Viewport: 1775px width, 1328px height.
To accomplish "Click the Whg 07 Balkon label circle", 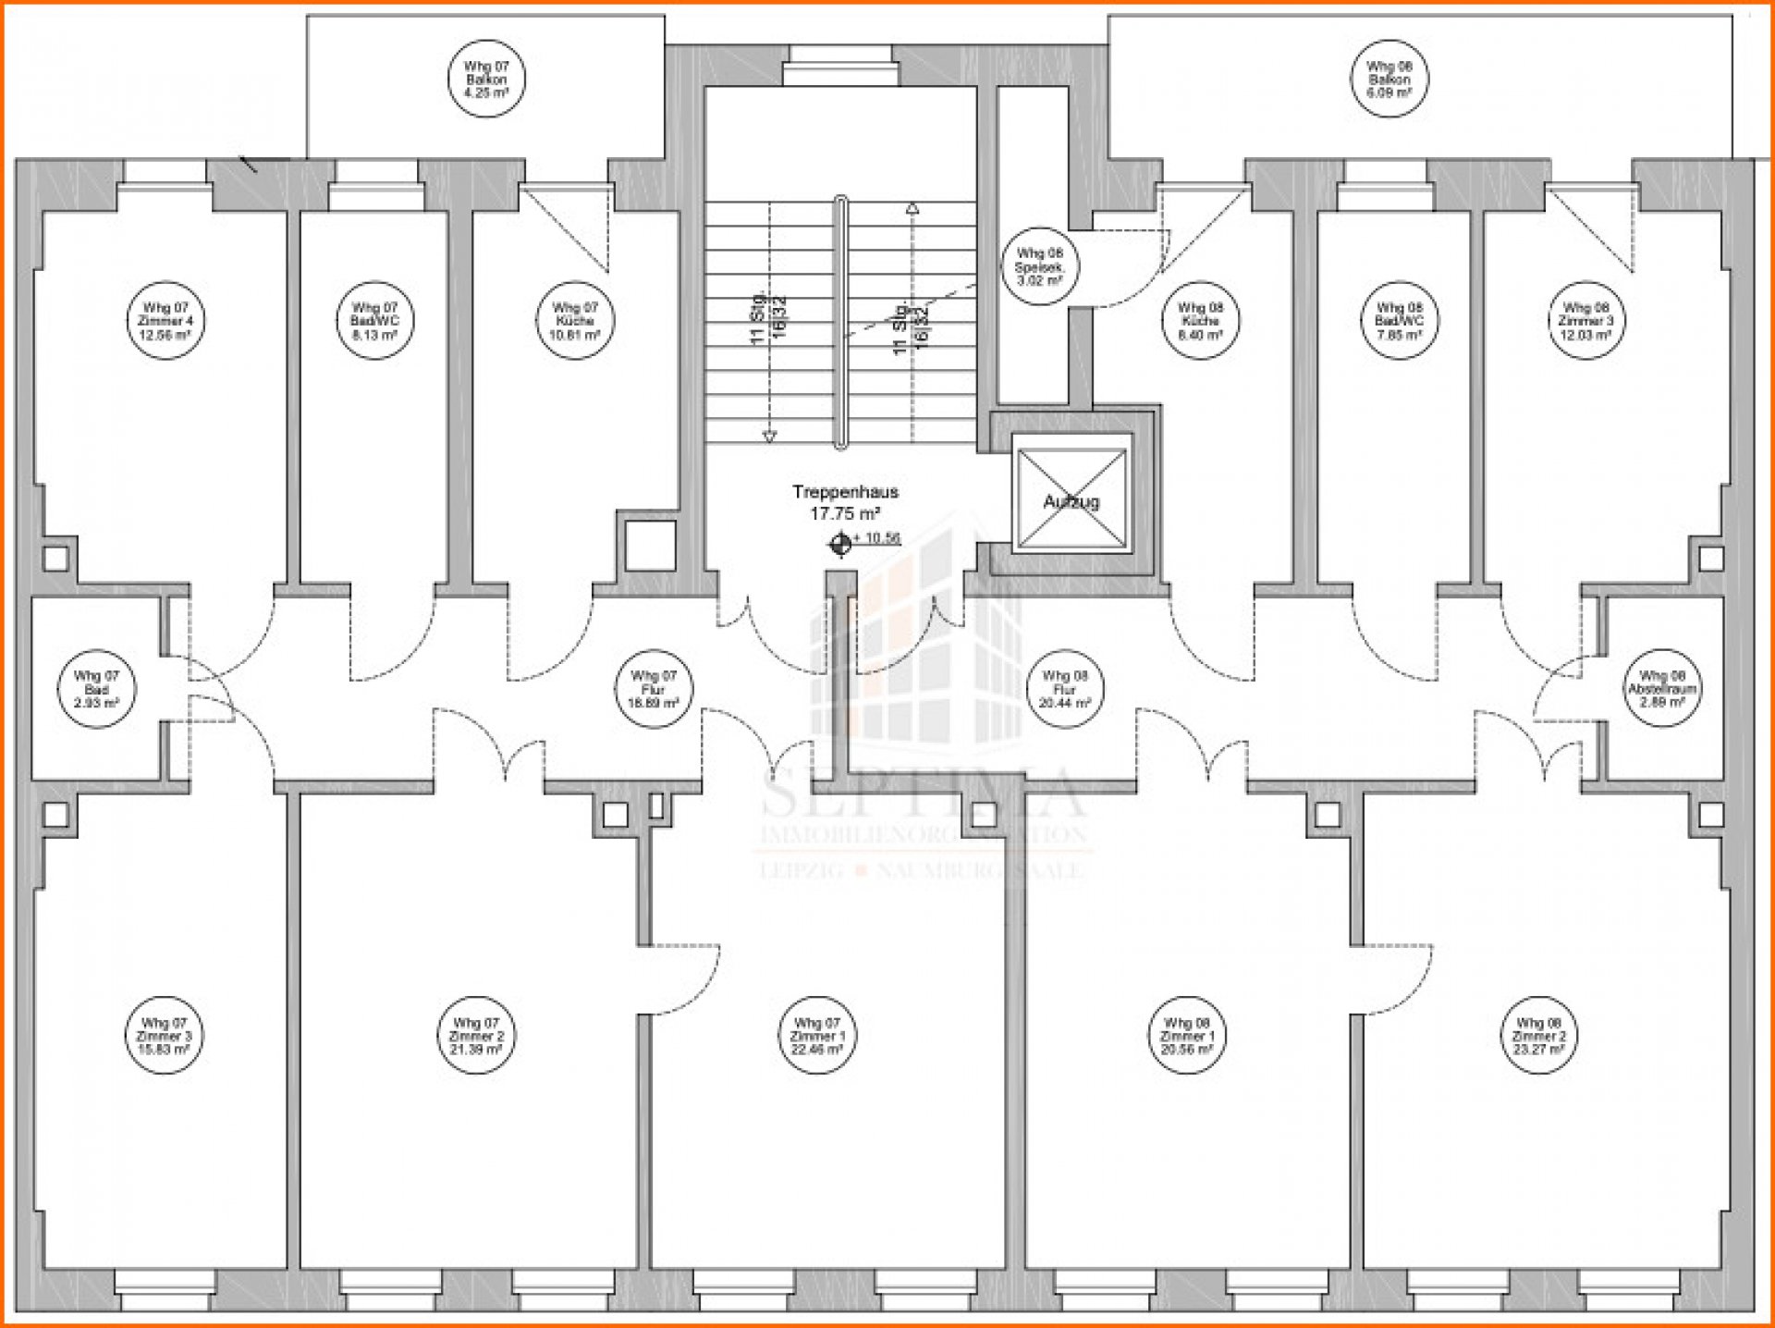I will (486, 80).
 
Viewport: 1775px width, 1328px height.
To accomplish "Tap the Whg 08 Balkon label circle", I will (1389, 80).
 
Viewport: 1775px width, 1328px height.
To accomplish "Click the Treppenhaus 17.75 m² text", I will (845, 502).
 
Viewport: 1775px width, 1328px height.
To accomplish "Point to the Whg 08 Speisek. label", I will (1039, 266).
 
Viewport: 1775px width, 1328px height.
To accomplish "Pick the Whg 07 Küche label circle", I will (575, 321).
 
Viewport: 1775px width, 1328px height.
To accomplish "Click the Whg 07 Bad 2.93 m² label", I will (96, 689).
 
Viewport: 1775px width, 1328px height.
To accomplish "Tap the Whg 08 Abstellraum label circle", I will (1661, 689).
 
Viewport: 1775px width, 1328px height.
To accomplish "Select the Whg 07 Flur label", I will (653, 689).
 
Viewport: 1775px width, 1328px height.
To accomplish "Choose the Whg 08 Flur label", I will (1064, 689).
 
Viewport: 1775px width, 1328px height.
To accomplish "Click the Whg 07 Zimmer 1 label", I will (817, 1036).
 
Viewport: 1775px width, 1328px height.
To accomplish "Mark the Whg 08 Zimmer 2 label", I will (1538, 1036).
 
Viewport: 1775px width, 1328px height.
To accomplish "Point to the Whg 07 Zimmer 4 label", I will (165, 321).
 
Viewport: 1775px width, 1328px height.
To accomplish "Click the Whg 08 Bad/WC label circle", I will (1399, 321).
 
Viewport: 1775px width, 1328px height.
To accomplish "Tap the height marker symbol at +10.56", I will (840, 544).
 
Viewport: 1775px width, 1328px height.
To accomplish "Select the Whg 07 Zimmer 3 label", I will (164, 1036).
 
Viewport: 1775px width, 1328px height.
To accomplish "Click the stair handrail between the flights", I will (840, 324).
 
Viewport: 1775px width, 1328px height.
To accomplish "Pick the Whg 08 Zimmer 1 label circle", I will (1187, 1036).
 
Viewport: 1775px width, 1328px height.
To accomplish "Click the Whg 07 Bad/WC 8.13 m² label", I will (374, 321).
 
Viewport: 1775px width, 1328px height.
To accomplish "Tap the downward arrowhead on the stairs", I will (769, 436).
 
